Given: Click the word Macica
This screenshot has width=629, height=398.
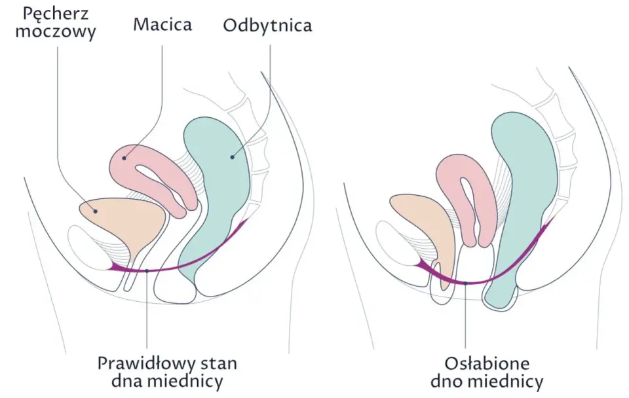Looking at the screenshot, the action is tap(162, 24).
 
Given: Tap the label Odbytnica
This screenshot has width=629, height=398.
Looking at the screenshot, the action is tap(267, 25).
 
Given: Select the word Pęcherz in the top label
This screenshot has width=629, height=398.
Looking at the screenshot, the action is tap(55, 14).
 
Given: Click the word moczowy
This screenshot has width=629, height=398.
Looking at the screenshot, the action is tap(55, 31).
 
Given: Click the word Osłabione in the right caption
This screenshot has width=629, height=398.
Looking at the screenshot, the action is tap(487, 363).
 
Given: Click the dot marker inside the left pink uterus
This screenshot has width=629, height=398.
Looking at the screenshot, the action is tap(124, 158).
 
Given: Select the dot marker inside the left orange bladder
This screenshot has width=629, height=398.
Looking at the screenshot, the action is tap(96, 211).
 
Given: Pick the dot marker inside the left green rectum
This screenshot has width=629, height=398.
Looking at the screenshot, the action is tap(232, 157).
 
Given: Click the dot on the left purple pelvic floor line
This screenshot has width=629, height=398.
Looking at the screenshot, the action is tap(147, 271).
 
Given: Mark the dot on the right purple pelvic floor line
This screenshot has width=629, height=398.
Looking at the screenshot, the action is tap(465, 283).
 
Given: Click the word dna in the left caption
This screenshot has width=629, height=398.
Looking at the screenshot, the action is tap(124, 381).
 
